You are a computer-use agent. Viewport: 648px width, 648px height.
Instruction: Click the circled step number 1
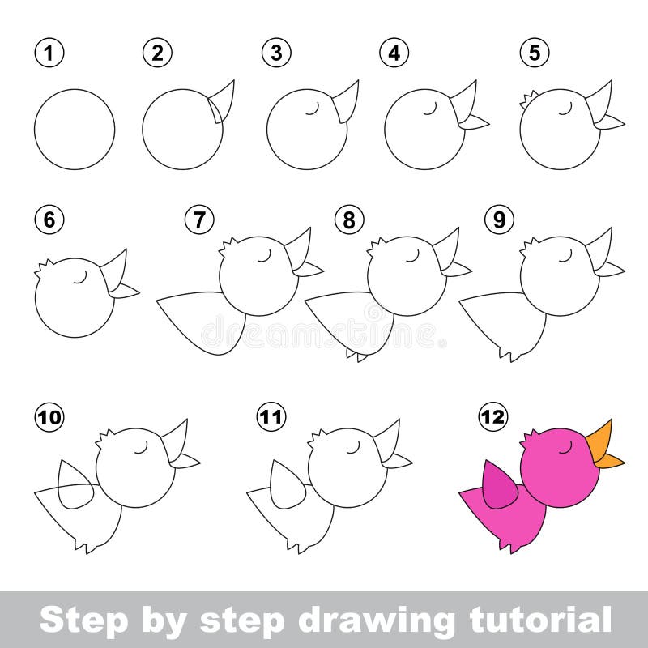49,53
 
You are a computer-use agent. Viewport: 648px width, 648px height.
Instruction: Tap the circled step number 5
535,53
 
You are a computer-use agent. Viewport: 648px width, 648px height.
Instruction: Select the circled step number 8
350,220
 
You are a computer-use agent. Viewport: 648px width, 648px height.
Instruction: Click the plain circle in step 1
75,130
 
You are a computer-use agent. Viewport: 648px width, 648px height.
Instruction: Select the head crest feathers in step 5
526,100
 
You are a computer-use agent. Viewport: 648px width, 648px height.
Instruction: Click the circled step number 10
49,417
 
